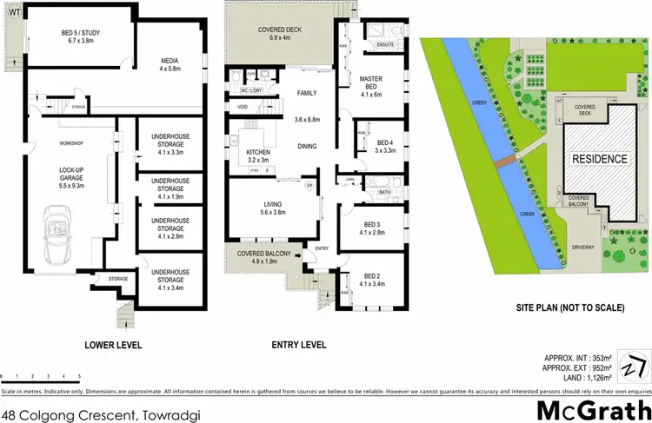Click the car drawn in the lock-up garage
(x=58, y=229)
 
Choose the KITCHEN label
(x=248, y=156)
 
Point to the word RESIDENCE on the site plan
(x=598, y=160)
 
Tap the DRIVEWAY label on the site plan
(x=584, y=246)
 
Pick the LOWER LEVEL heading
(x=113, y=346)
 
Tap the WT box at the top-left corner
(x=10, y=12)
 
